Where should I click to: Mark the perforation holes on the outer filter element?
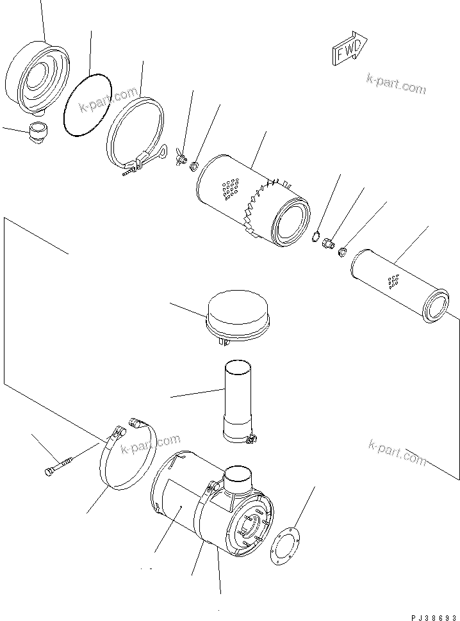(229, 190)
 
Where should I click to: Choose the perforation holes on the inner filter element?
(393, 280)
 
